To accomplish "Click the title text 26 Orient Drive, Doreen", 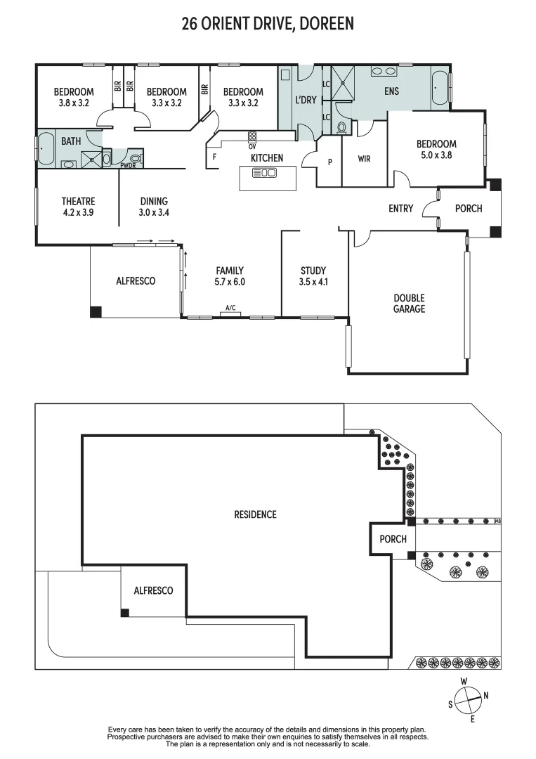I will click(x=268, y=24).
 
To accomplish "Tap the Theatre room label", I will click(x=78, y=202).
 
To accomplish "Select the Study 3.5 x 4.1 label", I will click(x=313, y=275).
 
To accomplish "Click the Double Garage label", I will click(x=409, y=303).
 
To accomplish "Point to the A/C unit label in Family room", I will click(x=230, y=308).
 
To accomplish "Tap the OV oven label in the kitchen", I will click(x=251, y=146).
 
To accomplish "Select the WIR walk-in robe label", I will click(x=364, y=160).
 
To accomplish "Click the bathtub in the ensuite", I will click(x=440, y=89).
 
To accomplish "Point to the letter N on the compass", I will click(x=485, y=696).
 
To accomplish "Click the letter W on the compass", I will click(x=464, y=681).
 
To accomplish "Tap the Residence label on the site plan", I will click(x=255, y=514).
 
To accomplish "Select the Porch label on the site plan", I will click(x=393, y=539).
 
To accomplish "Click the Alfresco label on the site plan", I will click(x=153, y=591).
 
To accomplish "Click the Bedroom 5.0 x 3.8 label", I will click(x=436, y=149).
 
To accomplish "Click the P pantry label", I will click(x=329, y=162).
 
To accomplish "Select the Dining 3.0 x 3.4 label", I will click(x=154, y=206).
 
